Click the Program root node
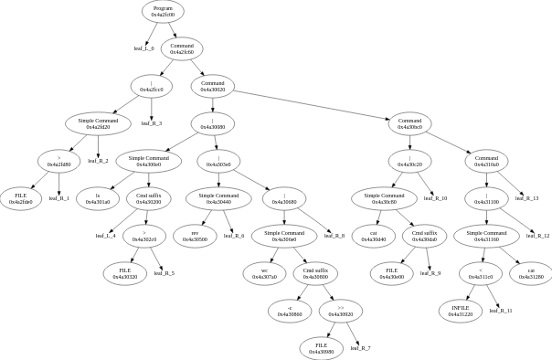click(x=164, y=11)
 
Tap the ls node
click(x=98, y=197)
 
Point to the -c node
click(x=291, y=311)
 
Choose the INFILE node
click(x=461, y=311)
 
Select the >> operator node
click(x=341, y=311)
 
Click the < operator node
click(x=481, y=273)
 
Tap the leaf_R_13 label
click(x=526, y=197)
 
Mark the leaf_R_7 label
click(x=361, y=348)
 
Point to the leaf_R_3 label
click(x=153, y=122)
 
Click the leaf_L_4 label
click(x=106, y=236)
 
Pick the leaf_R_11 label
click(x=501, y=311)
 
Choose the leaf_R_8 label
click(x=335, y=236)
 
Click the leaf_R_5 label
click(x=165, y=273)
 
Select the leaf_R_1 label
click(x=58, y=197)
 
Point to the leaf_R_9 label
click(x=430, y=273)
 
